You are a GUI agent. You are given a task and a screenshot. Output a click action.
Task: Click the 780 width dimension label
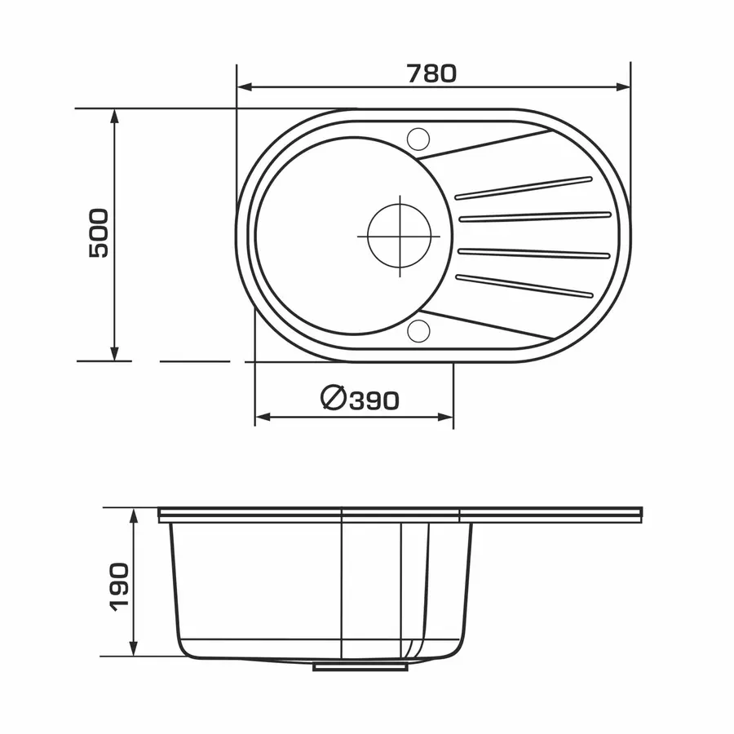coord(431,74)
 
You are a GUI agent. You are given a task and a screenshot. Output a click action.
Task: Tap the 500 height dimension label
coord(99,233)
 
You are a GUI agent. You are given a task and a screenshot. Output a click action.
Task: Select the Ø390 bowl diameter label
coord(360,399)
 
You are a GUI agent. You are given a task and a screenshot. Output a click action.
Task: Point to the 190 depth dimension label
coord(118,587)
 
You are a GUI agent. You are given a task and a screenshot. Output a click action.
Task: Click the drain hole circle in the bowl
coord(400,236)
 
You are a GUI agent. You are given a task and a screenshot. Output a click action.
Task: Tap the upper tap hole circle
coord(418,139)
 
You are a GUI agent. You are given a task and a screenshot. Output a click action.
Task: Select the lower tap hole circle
coord(418,331)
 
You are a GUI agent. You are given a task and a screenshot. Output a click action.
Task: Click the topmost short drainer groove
coord(524,188)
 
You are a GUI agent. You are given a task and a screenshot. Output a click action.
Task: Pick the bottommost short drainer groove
coord(524,286)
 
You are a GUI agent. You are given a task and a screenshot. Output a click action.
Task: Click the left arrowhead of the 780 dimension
coord(245,87)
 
